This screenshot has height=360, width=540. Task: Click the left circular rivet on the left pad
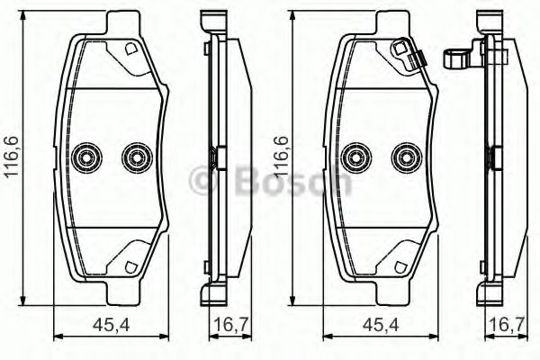88,157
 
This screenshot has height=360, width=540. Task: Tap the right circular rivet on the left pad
136,157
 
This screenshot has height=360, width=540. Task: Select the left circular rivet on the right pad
357,157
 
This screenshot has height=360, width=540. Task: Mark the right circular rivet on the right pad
405,157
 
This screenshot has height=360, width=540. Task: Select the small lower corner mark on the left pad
130,267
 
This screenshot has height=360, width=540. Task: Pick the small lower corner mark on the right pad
400,267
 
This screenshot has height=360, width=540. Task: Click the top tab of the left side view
211,18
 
